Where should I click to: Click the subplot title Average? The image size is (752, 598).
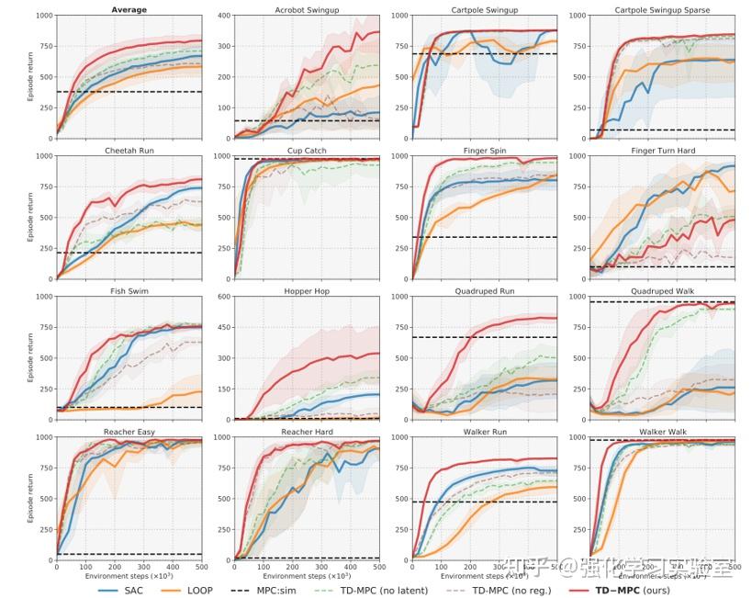tap(129, 10)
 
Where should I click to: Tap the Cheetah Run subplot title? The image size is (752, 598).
tap(129, 151)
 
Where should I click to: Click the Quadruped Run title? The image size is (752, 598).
tap(484, 291)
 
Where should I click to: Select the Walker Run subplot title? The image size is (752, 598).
tap(484, 431)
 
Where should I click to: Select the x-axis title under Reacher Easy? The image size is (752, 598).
tap(129, 575)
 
